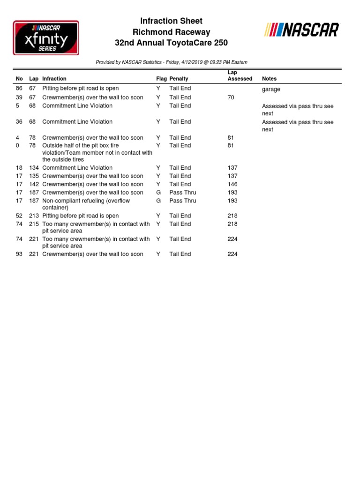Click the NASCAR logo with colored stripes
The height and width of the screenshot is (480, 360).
point(301,30)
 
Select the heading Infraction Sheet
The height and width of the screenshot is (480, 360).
point(172,21)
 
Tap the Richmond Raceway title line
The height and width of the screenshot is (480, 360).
point(172,32)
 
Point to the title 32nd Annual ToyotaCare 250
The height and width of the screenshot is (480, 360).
point(172,43)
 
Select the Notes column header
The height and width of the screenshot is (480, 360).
point(269,79)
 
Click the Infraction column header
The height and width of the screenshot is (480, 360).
point(54,79)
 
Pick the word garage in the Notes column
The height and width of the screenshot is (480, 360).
point(271,89)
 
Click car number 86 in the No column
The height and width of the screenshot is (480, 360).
point(19,88)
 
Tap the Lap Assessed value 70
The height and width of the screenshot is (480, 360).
point(231,97)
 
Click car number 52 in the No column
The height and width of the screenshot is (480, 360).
point(19,216)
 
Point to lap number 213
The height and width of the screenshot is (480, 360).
point(34,216)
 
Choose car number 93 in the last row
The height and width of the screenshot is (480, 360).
point(19,254)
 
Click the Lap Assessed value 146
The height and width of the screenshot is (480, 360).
point(232,184)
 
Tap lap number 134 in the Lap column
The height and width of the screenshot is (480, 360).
point(34,167)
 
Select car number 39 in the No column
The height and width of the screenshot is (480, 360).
point(19,97)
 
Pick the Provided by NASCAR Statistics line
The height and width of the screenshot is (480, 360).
point(172,62)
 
